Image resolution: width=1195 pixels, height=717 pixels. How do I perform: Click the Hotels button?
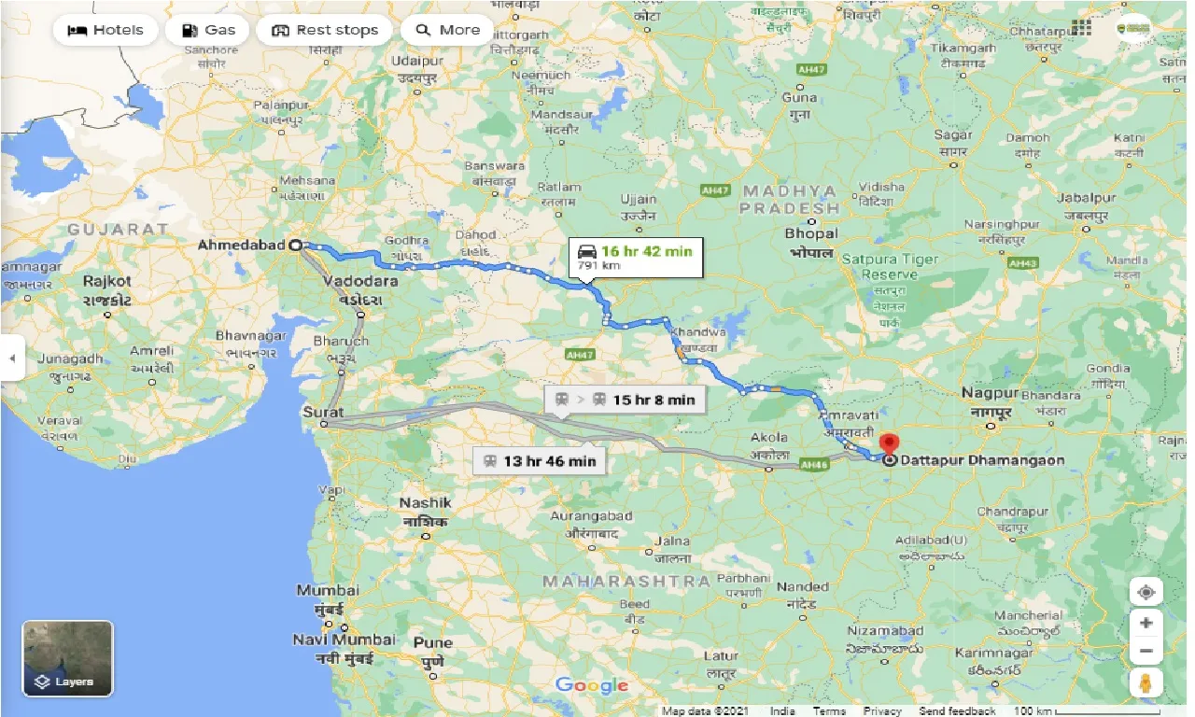click(x=105, y=30)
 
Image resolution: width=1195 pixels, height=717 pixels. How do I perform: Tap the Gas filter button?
click(x=207, y=30)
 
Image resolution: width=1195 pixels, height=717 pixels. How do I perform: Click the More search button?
click(x=447, y=30)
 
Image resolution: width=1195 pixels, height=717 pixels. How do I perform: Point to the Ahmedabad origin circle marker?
click(x=296, y=246)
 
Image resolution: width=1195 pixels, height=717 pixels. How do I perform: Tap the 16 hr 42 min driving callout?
click(x=635, y=257)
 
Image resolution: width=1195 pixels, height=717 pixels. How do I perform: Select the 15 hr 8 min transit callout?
click(x=625, y=400)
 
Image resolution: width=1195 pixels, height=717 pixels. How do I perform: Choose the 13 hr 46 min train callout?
click(x=538, y=460)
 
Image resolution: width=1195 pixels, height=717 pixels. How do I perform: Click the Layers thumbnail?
click(x=68, y=658)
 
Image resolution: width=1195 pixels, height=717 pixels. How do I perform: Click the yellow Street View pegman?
click(x=1146, y=682)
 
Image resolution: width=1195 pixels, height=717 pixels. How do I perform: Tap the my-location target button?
click(x=1146, y=592)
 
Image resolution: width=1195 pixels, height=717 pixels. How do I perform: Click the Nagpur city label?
click(x=990, y=393)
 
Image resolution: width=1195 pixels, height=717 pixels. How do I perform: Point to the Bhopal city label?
click(x=811, y=233)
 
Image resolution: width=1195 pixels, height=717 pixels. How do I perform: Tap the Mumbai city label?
click(x=328, y=590)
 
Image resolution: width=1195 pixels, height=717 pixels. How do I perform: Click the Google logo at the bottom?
click(x=592, y=685)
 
